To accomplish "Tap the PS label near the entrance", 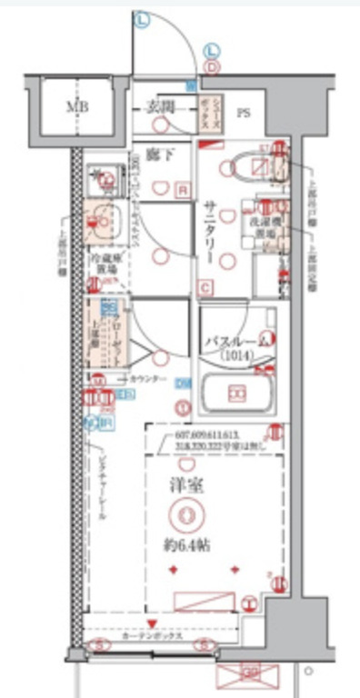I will pos(244,113).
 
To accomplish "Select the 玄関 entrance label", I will pos(158,107).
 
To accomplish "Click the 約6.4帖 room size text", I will pos(189,546).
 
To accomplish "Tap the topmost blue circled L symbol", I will pos(143,18).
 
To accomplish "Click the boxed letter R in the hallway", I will pos(184,190).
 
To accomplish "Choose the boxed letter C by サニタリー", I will pos(206,289).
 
